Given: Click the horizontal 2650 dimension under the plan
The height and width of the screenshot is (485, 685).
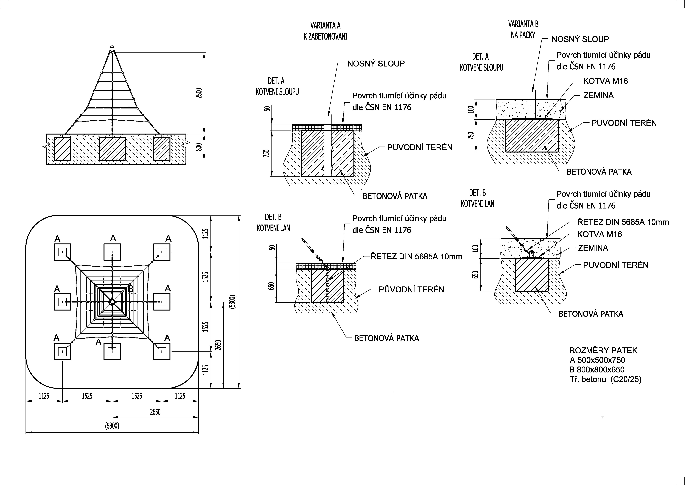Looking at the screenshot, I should point(155,412).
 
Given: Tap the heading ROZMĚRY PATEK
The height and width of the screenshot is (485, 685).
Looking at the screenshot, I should point(603,350).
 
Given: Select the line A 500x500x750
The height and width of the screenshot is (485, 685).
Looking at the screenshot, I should point(597,360).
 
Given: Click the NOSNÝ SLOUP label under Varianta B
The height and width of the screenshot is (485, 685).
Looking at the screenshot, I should point(580,39).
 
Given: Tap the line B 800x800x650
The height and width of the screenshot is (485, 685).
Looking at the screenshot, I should point(597,370).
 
